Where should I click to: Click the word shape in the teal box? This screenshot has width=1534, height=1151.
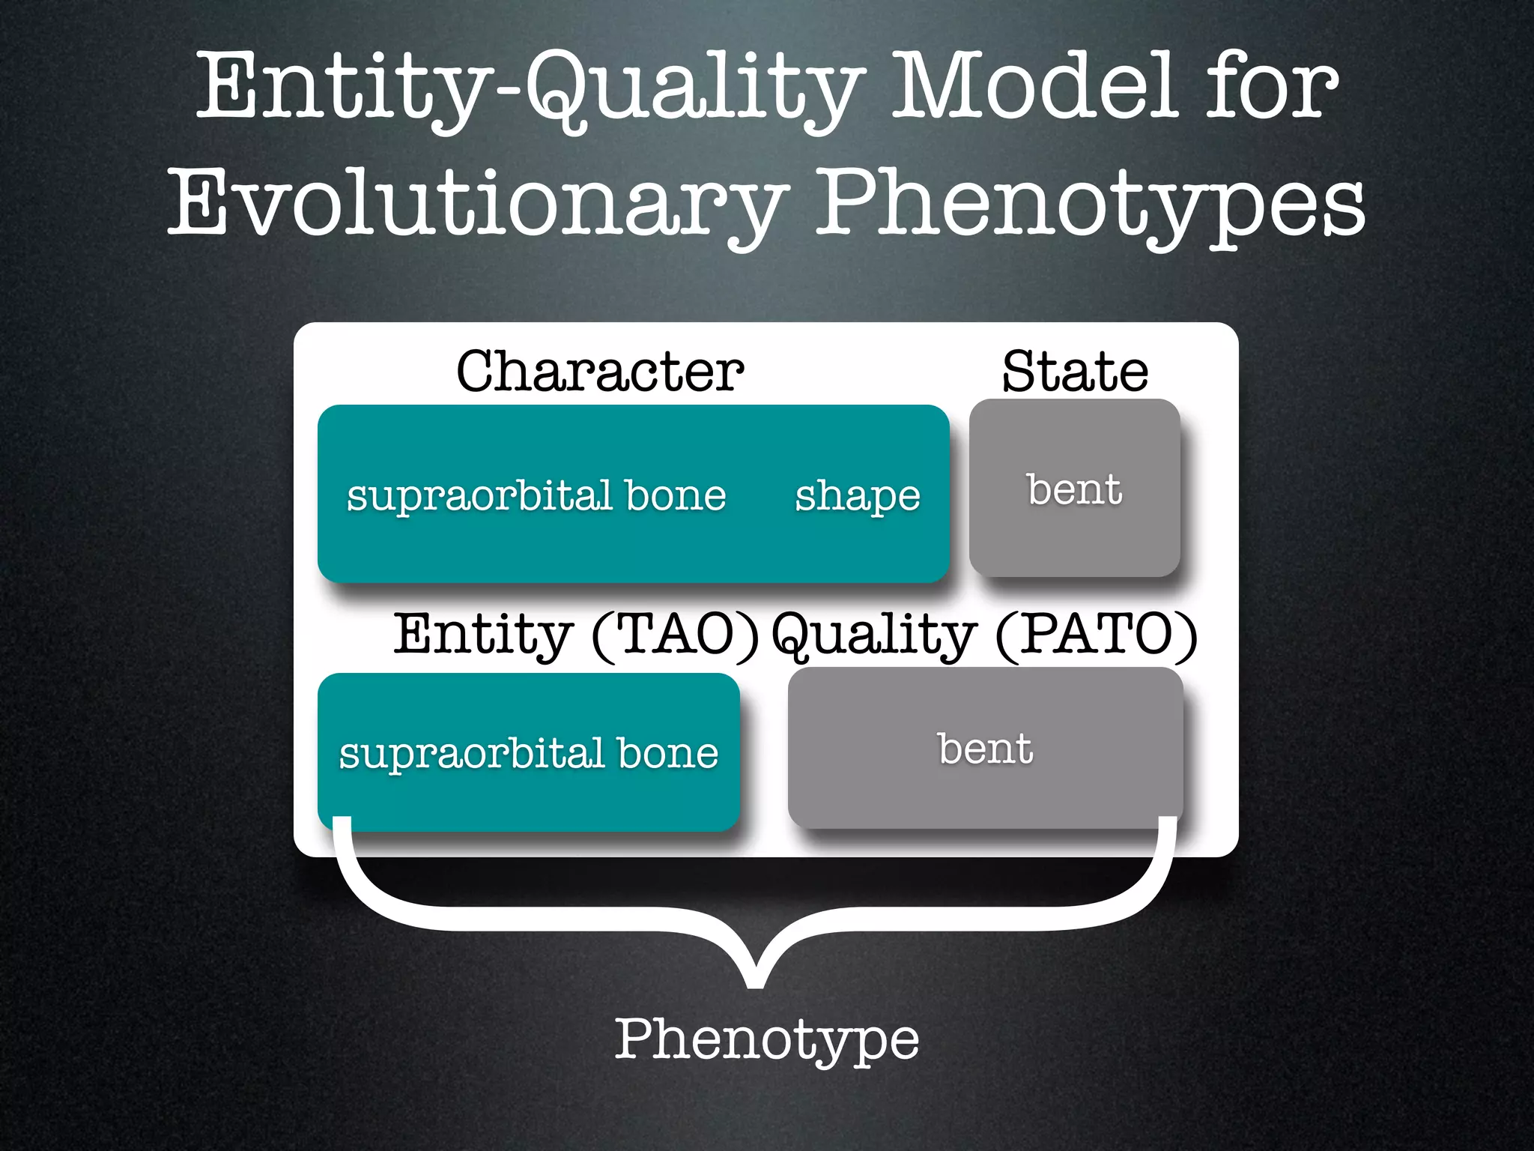point(857,496)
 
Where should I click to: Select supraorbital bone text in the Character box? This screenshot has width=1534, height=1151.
point(536,496)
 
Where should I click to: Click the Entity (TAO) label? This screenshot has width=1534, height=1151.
point(576,635)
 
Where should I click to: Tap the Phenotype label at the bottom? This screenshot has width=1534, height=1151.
point(766,1039)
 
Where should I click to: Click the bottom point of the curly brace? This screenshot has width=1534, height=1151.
point(756,982)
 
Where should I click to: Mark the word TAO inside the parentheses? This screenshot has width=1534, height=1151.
point(675,635)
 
